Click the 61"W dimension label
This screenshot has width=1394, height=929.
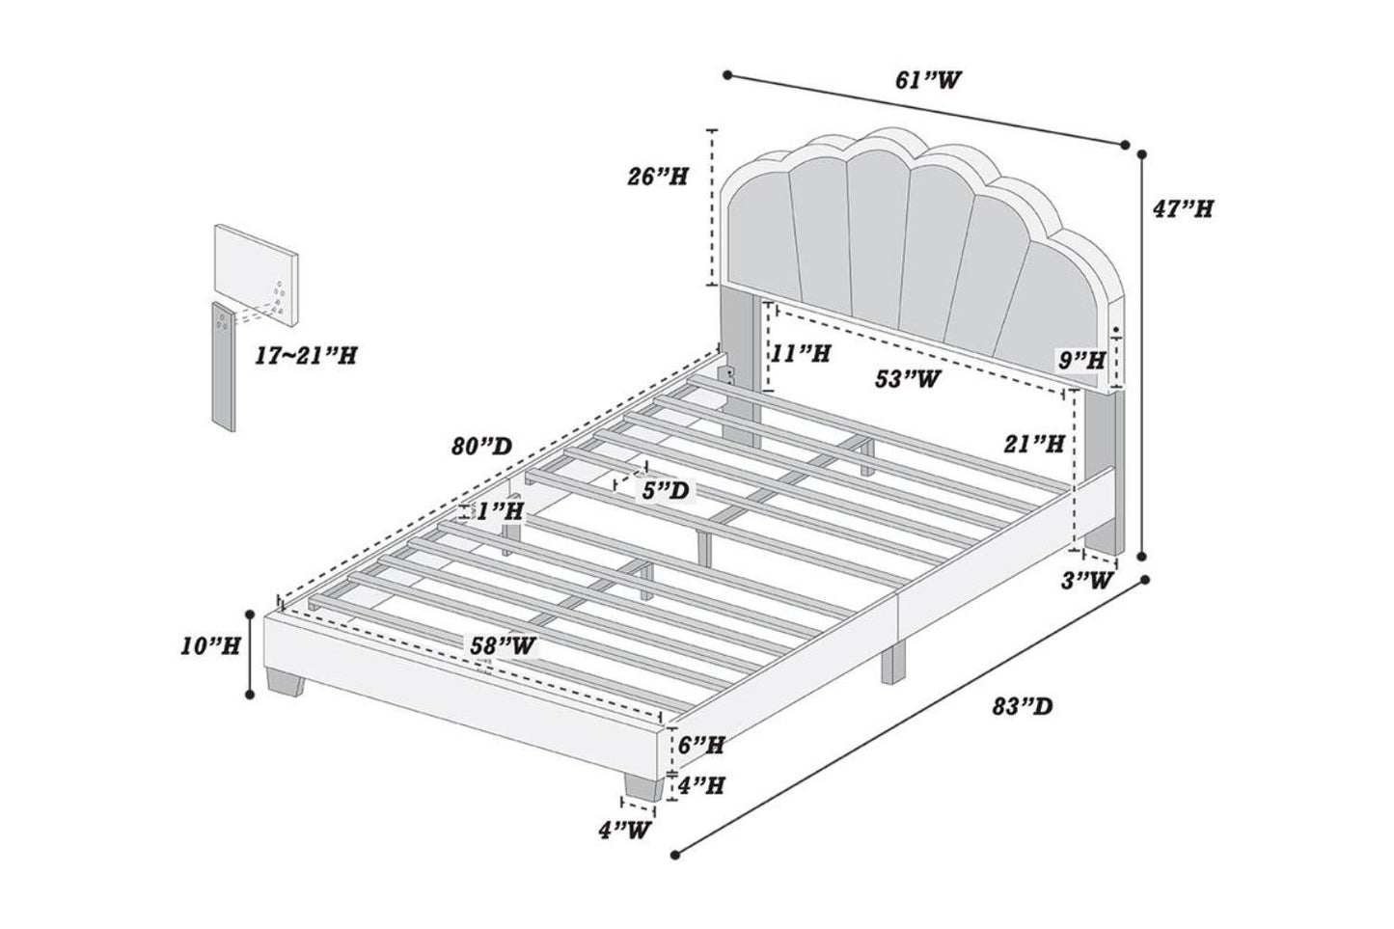coord(929,79)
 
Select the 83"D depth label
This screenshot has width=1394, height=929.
coord(1022,707)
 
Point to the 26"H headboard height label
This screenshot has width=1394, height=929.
coord(656,177)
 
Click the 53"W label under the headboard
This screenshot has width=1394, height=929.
coord(909,379)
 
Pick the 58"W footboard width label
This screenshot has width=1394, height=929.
coord(503,645)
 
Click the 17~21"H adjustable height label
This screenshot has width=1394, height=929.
coord(307,355)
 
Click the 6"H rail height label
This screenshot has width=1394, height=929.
coord(700,745)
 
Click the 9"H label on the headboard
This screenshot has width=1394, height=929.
coord(1080,362)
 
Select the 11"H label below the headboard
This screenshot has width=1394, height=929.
coord(802,354)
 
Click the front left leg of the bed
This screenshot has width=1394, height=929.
coord(286,683)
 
